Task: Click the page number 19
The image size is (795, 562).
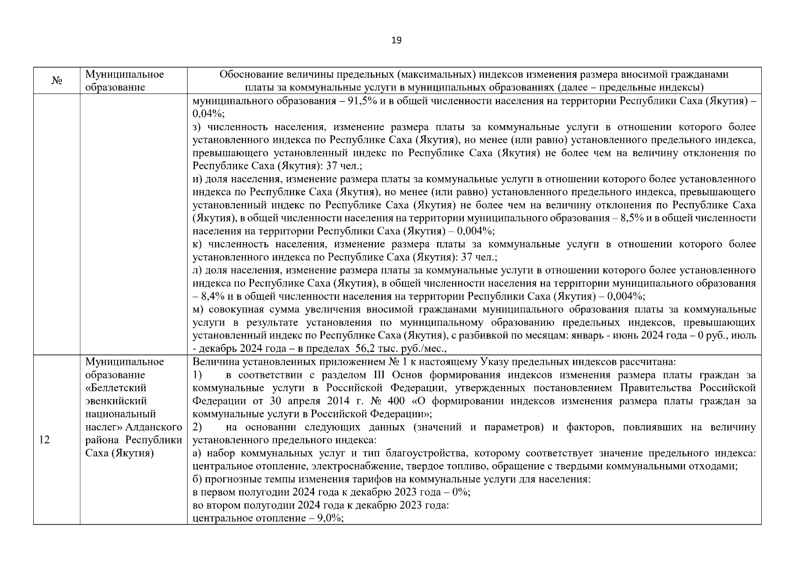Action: pos(396,40)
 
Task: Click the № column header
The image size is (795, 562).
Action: pos(57,81)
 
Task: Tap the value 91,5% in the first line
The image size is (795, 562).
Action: pos(359,101)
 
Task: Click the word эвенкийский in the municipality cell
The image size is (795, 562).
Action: pos(116,401)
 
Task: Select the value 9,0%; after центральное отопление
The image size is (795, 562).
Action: pos(331,518)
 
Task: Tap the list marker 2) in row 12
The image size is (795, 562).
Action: pos(197,427)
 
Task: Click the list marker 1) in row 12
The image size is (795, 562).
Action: pos(197,375)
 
